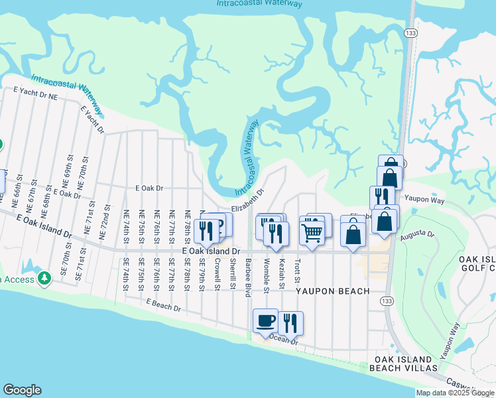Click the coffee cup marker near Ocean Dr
coord(266,321)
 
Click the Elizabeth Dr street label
coord(248,201)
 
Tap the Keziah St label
coord(282,272)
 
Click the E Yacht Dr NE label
coord(36,92)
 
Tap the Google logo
coord(22,390)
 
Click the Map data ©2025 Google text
coord(455,393)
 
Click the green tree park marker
coord(44,277)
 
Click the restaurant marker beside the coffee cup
coord(290,323)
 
